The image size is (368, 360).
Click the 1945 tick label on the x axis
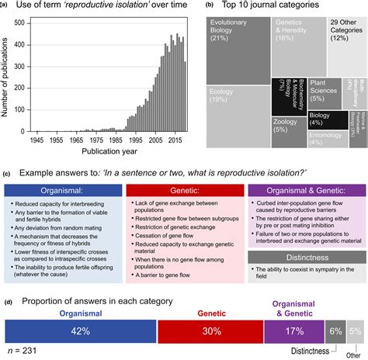[36, 142]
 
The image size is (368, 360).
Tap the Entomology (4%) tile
[326, 137]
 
